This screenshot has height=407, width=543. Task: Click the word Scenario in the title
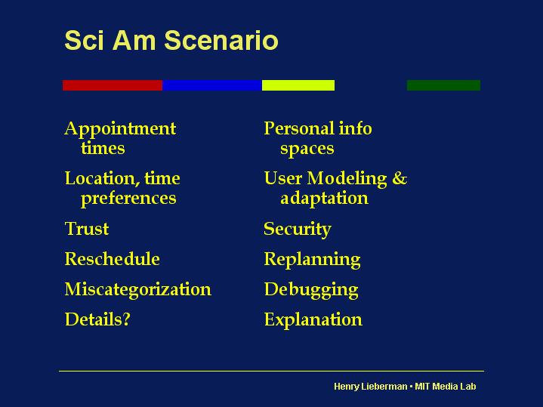point(221,40)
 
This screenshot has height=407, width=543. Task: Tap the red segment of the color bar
point(113,85)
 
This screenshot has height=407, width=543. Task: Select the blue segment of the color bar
point(212,85)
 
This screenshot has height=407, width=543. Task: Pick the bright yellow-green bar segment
point(298,85)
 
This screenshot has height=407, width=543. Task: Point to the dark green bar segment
point(443,85)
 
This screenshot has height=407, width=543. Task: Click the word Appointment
point(120,130)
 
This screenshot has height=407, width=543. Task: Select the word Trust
point(87,229)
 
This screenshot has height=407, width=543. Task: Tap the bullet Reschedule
point(113,259)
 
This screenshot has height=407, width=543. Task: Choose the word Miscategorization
point(138,289)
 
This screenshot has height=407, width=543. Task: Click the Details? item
point(97,319)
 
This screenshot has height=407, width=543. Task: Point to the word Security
point(298,230)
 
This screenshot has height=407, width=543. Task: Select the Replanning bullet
point(312,260)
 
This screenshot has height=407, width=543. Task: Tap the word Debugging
point(311,290)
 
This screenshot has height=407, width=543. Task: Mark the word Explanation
point(313,320)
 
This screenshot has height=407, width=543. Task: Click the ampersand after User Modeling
point(400,178)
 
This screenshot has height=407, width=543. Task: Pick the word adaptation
point(324,199)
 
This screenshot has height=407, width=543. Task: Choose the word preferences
point(128,199)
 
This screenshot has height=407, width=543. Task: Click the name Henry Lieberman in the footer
point(371,387)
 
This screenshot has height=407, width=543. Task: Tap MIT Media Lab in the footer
point(446,386)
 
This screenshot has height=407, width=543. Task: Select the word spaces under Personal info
point(307,150)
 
